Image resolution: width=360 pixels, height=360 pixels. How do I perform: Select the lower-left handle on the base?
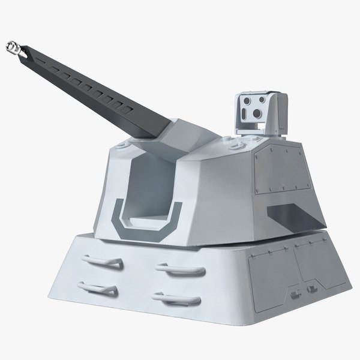tap(100, 290)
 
